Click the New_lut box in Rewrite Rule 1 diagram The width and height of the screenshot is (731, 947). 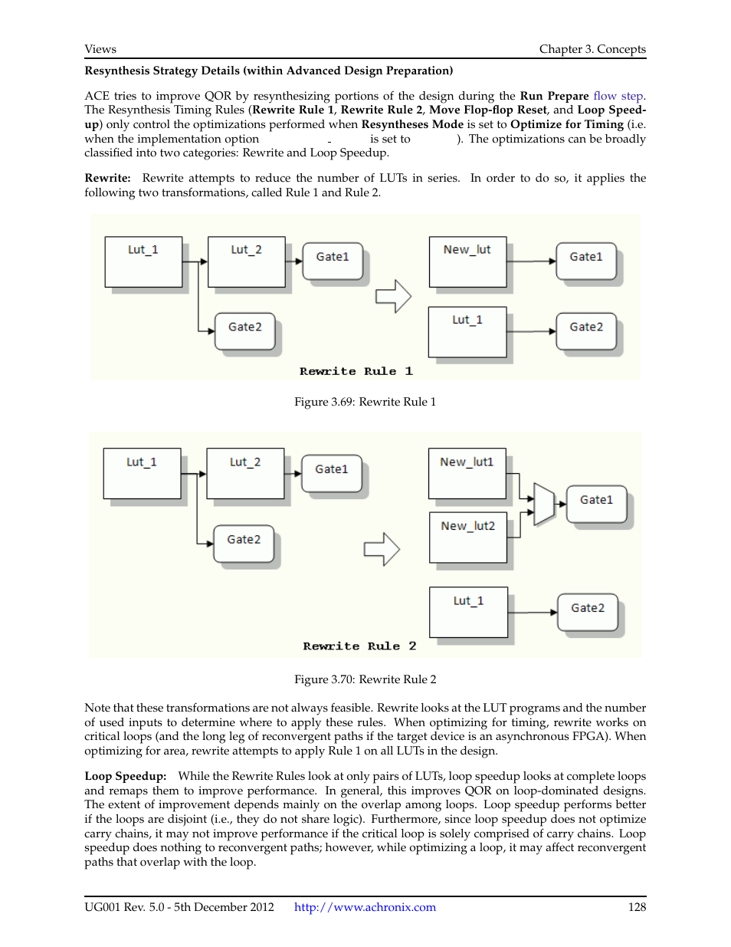coord(467,261)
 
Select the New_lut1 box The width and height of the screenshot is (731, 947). coord(467,473)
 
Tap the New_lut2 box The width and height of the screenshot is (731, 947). coord(467,537)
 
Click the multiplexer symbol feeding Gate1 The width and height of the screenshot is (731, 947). coord(543,504)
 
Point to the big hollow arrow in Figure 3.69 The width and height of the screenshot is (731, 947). coord(393,296)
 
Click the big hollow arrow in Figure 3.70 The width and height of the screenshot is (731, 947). coord(382,549)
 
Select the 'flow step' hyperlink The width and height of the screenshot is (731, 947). coord(618,96)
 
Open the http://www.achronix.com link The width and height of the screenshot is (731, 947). coord(365,907)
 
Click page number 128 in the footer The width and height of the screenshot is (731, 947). coord(637,907)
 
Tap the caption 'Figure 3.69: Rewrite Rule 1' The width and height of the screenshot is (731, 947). coord(365,402)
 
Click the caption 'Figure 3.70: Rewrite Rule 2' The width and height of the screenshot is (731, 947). coord(365,679)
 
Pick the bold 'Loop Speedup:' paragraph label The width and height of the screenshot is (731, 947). coord(125,776)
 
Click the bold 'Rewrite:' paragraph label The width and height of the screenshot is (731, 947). coord(107,178)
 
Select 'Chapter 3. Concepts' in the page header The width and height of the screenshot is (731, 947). coord(592,49)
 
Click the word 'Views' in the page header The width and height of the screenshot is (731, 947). coord(100,49)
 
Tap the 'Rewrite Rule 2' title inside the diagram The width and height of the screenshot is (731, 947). coord(359,646)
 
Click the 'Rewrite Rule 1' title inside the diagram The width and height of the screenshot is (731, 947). coord(356,371)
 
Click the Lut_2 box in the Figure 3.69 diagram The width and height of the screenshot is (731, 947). coord(246,261)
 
